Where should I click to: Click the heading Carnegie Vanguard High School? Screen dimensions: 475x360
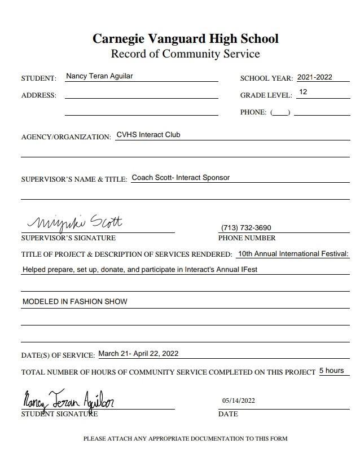185,39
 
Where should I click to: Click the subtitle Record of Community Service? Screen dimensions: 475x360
185,54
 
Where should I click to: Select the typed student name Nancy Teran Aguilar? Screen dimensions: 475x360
99,76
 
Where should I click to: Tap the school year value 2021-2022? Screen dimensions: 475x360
315,77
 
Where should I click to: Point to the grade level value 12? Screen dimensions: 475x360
303,92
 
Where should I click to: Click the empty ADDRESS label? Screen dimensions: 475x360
39,95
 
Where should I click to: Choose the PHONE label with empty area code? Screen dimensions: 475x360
253,112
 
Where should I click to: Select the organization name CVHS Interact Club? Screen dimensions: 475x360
148,135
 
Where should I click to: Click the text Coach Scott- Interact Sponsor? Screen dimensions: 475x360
181,178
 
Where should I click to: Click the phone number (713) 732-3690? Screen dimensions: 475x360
246,228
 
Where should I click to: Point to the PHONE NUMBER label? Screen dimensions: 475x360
247,238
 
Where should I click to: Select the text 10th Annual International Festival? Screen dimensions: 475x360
293,254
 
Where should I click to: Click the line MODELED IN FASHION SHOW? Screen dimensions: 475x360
75,302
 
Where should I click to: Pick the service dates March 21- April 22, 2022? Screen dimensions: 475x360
138,354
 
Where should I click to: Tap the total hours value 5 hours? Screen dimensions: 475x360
331,371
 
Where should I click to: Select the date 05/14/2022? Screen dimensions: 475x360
238,401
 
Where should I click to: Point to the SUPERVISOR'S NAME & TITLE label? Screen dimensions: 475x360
74,179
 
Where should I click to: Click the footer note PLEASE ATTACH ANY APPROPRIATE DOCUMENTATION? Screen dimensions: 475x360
185,438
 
